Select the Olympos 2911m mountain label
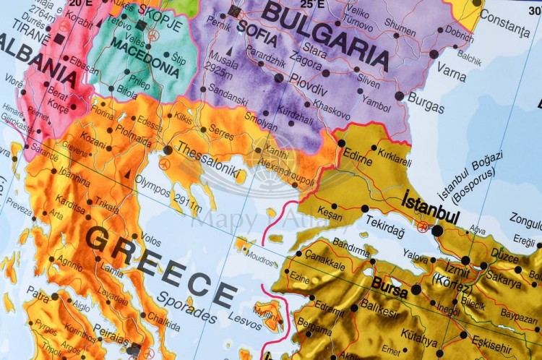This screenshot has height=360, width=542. click(169, 191)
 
